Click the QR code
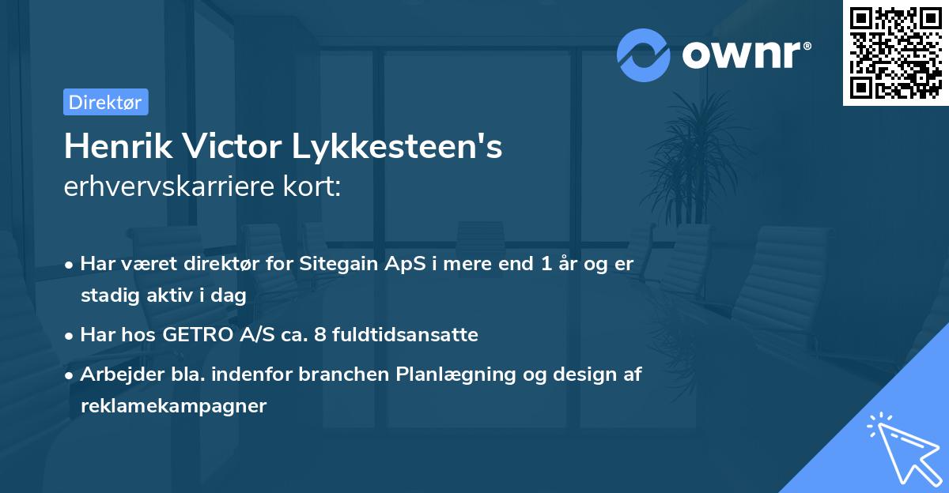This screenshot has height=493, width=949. (895, 53)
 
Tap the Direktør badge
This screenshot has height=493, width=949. (105, 102)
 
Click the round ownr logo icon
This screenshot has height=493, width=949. (644, 55)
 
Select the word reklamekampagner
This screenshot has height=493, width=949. (174, 406)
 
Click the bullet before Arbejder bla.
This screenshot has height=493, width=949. (70, 375)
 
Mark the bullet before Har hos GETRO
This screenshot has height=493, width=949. (70, 335)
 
